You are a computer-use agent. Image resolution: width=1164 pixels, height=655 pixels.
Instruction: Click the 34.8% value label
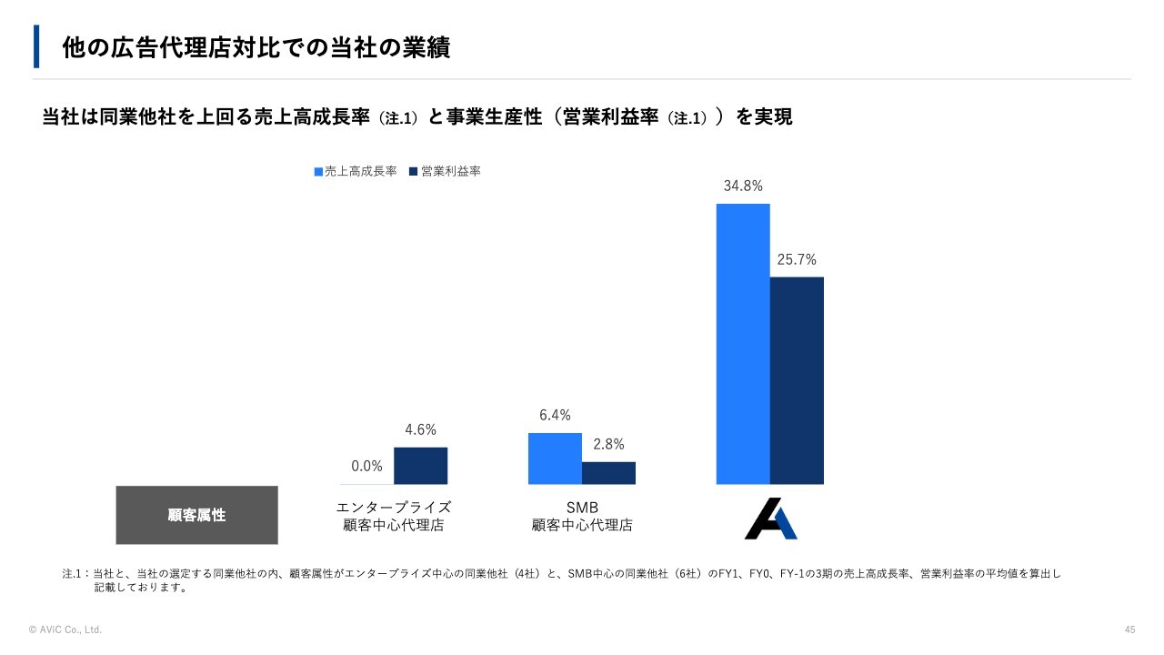(x=743, y=186)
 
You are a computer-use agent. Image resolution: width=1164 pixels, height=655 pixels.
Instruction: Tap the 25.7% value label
(x=797, y=260)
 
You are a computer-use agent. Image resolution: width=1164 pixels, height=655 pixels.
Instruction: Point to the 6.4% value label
(x=555, y=416)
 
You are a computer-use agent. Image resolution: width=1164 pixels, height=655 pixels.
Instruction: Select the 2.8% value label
(x=608, y=445)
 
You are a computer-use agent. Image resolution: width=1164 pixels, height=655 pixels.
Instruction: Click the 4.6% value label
(x=420, y=430)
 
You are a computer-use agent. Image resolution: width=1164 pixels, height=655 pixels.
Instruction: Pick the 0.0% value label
(x=366, y=467)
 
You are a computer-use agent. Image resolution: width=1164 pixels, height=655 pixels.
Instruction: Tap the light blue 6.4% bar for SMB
(x=555, y=458)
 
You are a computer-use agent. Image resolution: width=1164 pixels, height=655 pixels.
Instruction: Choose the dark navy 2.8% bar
(x=608, y=473)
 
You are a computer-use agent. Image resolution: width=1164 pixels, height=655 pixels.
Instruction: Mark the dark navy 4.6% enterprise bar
(x=420, y=466)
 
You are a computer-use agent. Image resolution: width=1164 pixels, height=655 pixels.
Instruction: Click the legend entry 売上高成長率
(x=356, y=171)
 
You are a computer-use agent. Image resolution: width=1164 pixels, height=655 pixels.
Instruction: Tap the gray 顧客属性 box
(x=196, y=515)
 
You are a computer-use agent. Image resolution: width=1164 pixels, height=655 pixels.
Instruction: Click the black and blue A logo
(x=770, y=519)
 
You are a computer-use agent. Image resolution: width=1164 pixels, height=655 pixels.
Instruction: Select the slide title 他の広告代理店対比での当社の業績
(x=256, y=48)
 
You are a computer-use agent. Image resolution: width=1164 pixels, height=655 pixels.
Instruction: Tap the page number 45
(x=1129, y=630)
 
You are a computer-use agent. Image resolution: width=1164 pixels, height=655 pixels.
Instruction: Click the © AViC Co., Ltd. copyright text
(x=65, y=630)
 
